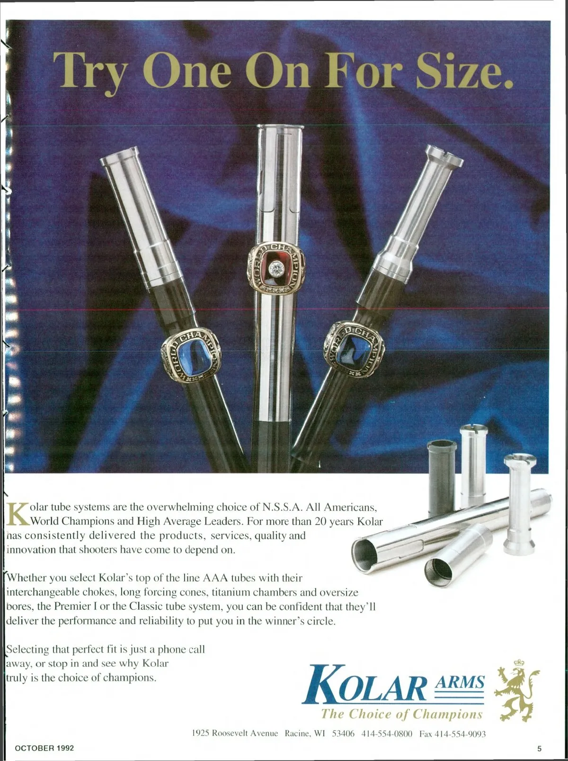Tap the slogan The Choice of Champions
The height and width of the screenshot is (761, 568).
pos(402,715)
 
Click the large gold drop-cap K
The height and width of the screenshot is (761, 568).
pos(18,515)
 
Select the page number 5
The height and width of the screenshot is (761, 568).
pos(539,749)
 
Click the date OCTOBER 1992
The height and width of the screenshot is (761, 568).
pos(44,748)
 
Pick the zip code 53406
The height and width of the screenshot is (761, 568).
pos(343,734)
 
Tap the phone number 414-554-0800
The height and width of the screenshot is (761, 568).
pos(387,734)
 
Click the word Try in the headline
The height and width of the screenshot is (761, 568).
pos(89,72)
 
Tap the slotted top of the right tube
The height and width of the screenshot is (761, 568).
pos(444,154)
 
